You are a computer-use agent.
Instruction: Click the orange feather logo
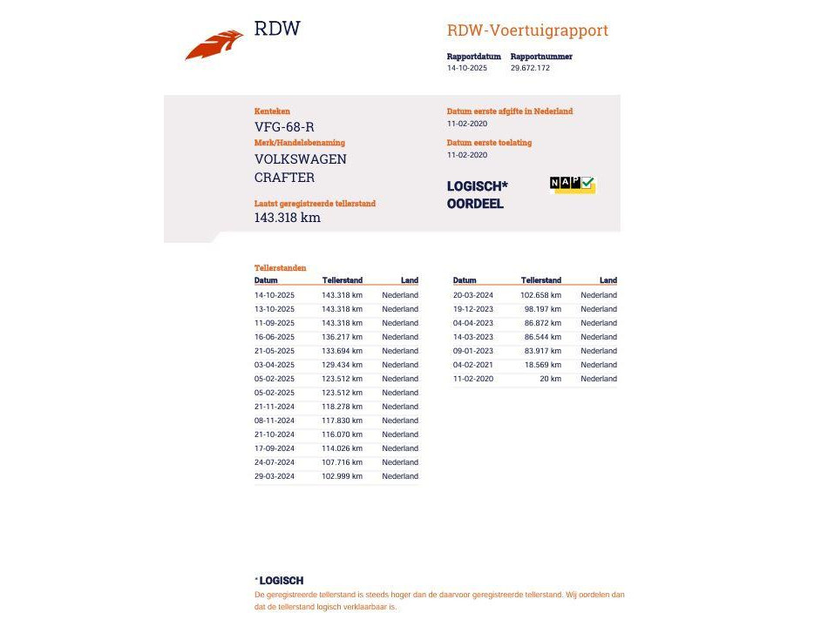[x=214, y=44]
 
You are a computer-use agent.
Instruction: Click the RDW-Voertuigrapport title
[x=527, y=31]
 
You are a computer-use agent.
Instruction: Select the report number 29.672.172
[x=530, y=68]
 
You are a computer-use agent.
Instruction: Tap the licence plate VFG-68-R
[x=284, y=127]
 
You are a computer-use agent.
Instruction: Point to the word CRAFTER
[x=284, y=178]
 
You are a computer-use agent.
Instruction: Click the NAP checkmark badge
[x=572, y=184]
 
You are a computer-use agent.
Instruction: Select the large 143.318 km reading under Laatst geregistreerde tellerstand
[x=288, y=218]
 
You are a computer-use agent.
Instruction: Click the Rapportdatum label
[x=473, y=57]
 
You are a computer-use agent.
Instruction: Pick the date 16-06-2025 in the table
[x=275, y=337]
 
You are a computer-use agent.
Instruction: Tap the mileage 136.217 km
[x=342, y=337]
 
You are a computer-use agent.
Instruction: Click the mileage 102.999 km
[x=342, y=476]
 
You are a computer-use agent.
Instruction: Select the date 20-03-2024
[x=473, y=295]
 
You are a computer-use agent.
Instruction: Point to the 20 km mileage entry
[x=550, y=379]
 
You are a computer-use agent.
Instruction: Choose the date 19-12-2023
[x=473, y=309]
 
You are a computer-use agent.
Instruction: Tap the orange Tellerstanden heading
[x=280, y=268]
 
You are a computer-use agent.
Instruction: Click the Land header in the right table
[x=608, y=280]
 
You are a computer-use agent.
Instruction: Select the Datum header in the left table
[x=266, y=280]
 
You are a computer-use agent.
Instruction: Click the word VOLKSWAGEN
[x=300, y=159]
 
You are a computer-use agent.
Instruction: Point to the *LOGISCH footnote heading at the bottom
[x=279, y=581]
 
